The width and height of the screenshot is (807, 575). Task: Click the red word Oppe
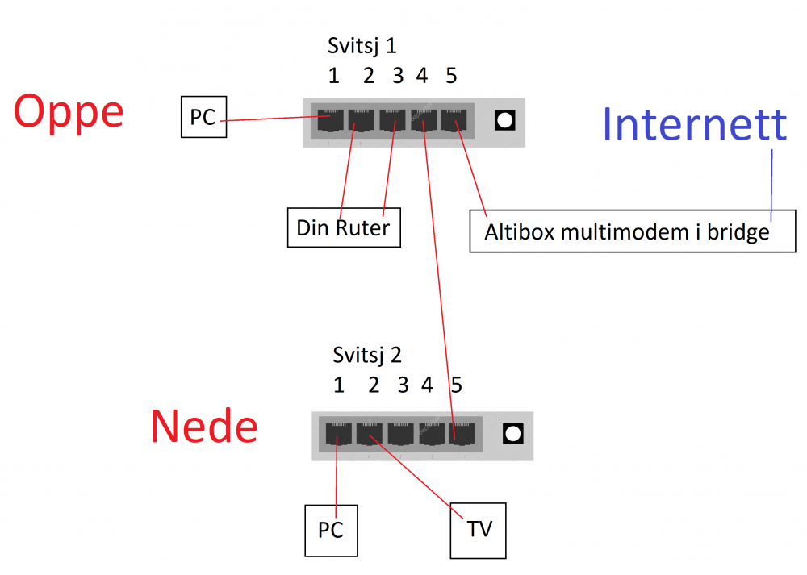coord(69,113)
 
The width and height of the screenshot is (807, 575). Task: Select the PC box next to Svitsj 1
coord(203,118)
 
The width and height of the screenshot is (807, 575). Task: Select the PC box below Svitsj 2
coord(331,530)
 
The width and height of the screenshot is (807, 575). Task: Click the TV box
coord(479,530)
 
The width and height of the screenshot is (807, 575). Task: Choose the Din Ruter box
coord(343,227)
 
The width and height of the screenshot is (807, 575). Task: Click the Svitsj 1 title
coord(362,45)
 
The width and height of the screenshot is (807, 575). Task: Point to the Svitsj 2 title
coord(367,355)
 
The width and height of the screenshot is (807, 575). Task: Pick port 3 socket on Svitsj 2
coord(400,435)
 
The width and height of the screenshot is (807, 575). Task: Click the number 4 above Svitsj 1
coord(421,76)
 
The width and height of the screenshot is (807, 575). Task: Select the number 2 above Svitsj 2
coord(374,385)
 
